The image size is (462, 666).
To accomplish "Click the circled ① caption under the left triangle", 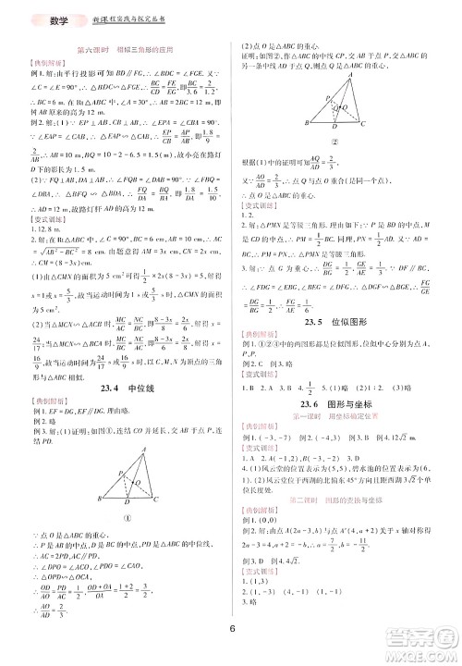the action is point(130,465).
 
